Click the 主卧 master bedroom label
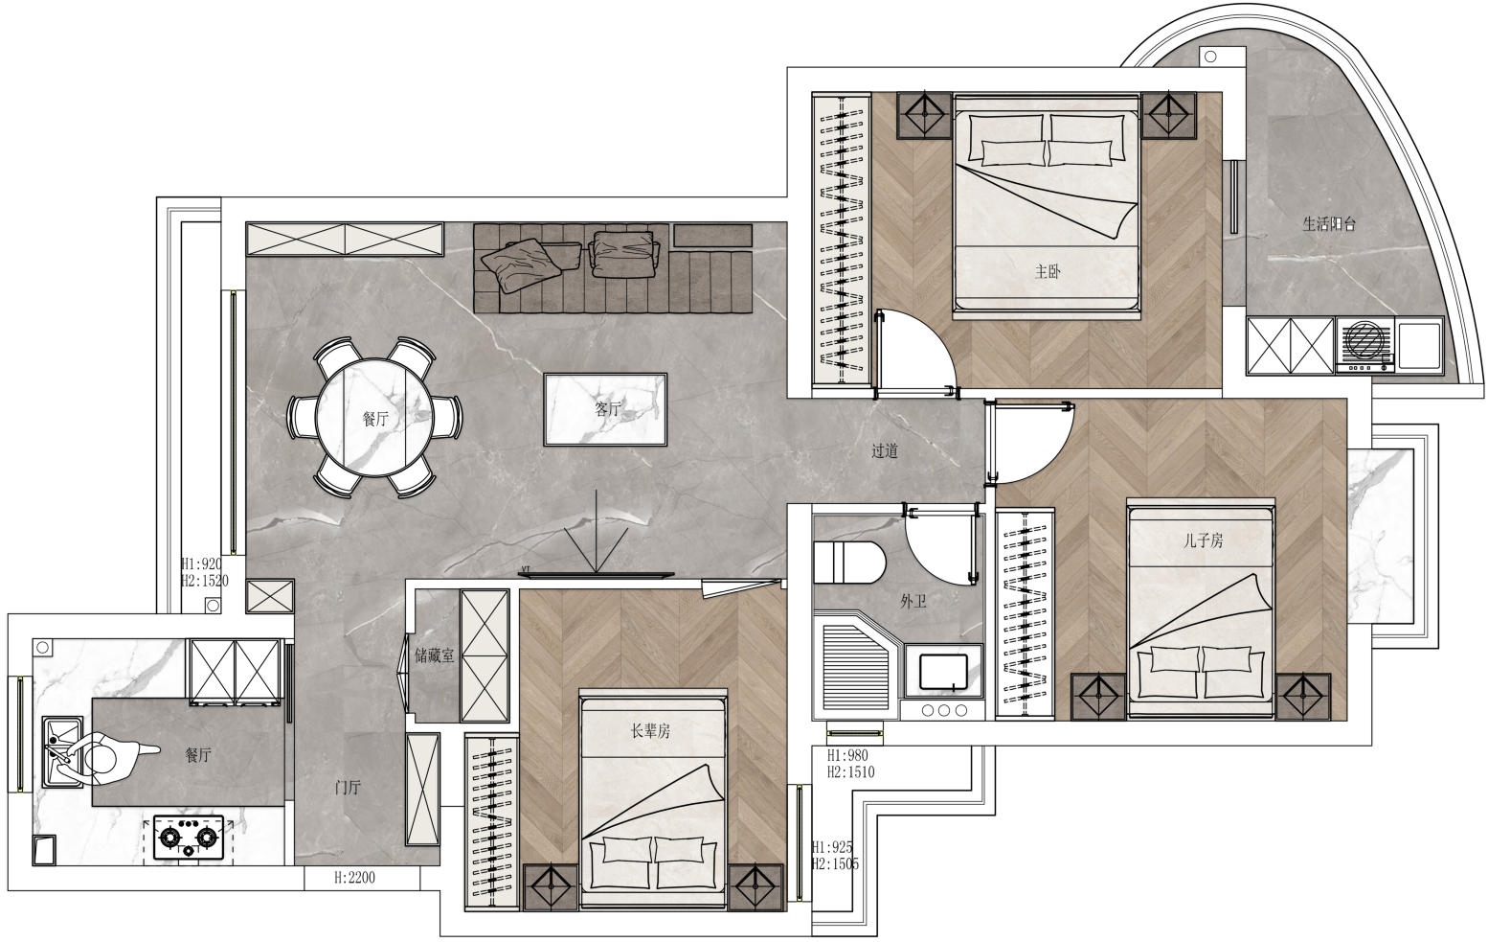1048,271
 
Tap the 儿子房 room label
1203,540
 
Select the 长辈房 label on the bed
650,731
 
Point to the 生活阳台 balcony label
1329,224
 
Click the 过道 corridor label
885,451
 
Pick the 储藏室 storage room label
435,656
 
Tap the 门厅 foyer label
348,788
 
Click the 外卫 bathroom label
913,602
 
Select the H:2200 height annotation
354,878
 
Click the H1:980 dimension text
847,756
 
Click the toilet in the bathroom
849,563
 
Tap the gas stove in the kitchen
189,838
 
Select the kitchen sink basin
62,752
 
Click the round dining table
374,418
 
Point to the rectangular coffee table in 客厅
605,409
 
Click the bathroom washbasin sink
943,672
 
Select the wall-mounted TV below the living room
597,574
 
